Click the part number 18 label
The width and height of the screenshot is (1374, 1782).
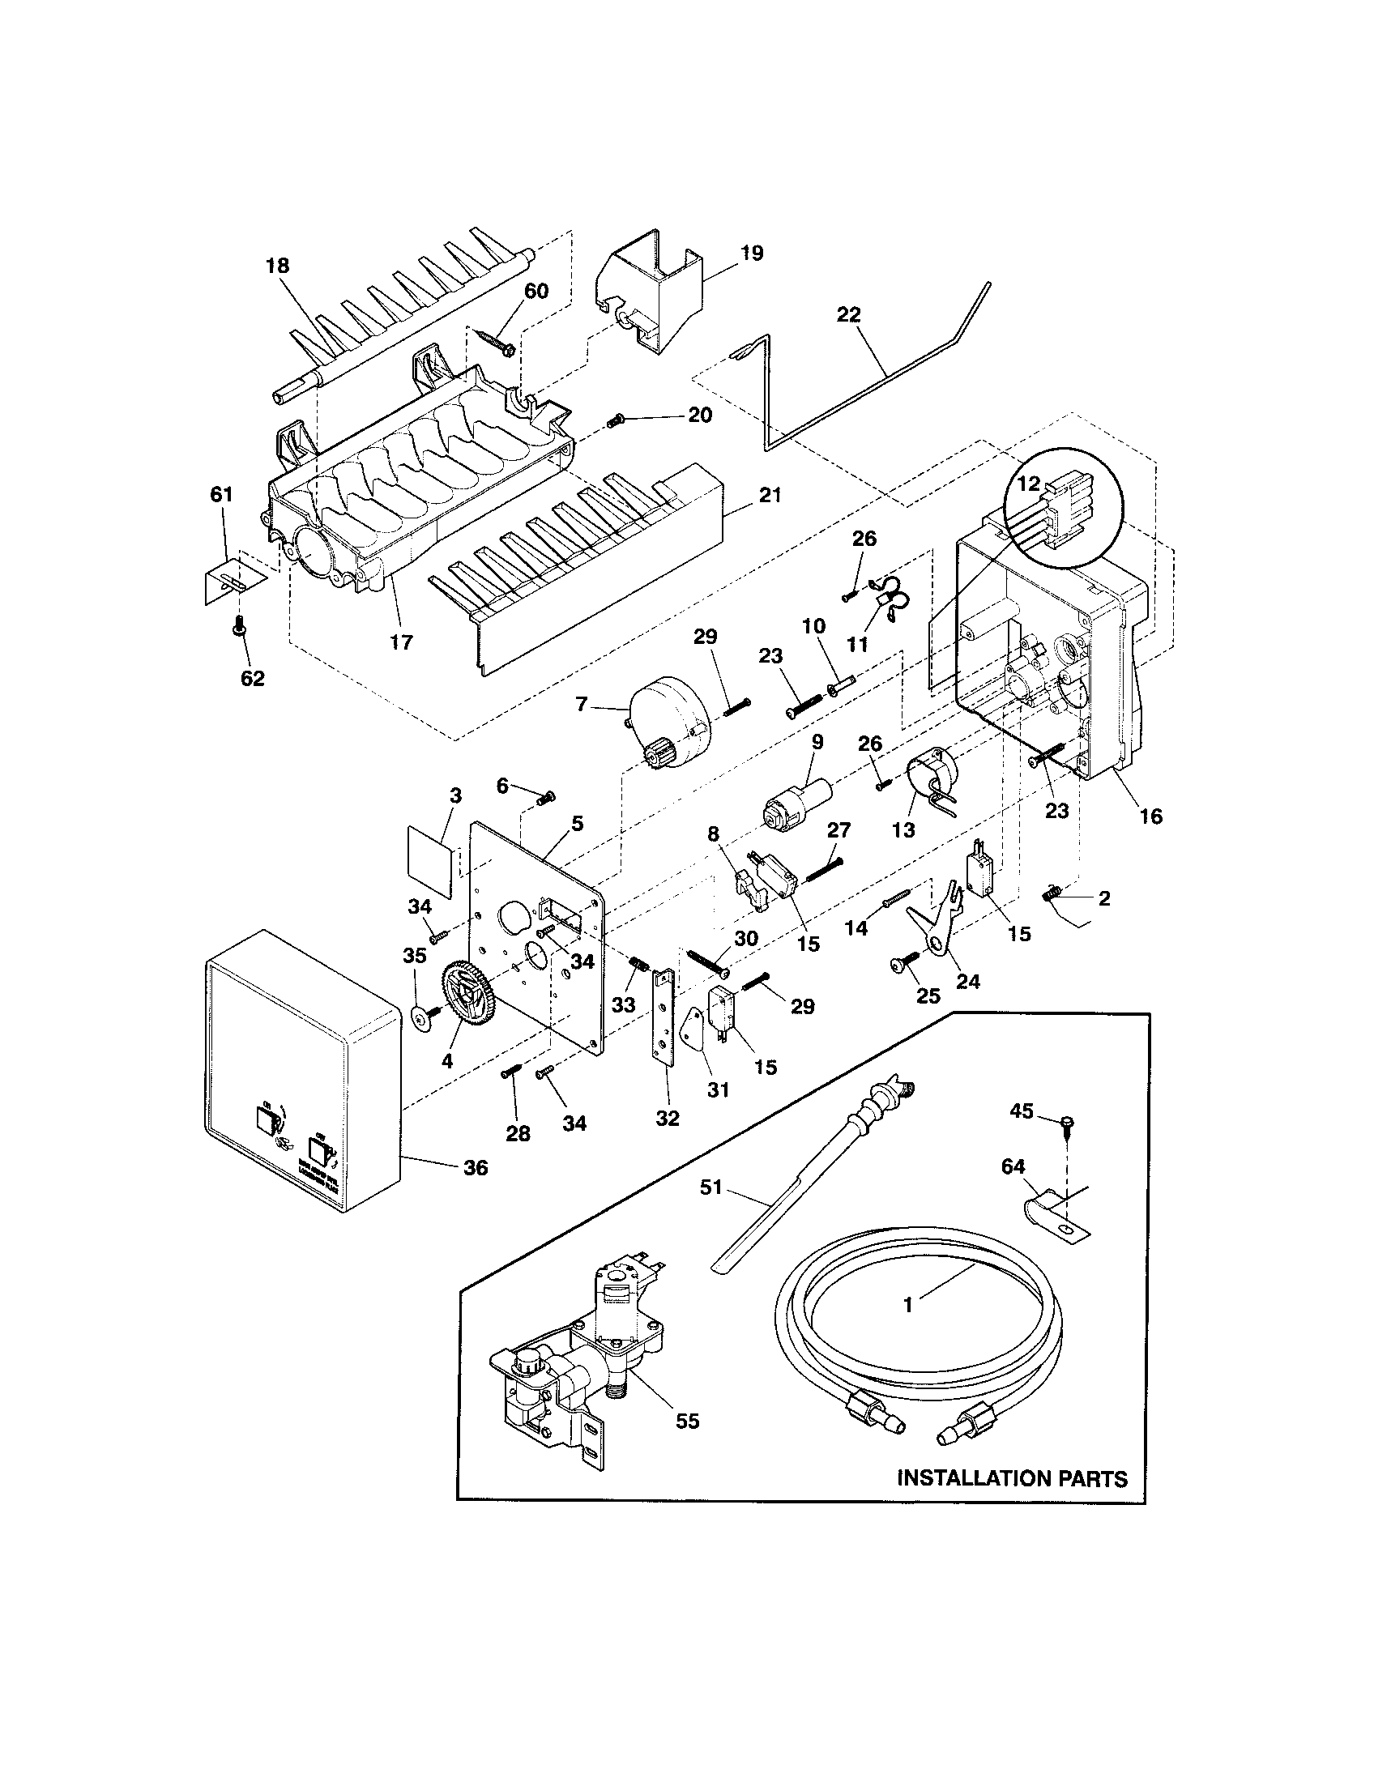(x=277, y=265)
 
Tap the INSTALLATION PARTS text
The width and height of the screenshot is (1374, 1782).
(x=1012, y=1477)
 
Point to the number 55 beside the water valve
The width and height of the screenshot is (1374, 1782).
(x=687, y=1421)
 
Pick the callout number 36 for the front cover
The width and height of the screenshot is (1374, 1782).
(x=476, y=1167)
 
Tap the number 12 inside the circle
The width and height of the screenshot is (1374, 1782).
(x=1028, y=484)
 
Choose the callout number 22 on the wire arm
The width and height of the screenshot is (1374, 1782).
(x=848, y=315)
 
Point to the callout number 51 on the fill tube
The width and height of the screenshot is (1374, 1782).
(x=711, y=1187)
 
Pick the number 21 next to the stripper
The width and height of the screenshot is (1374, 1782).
(x=770, y=494)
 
